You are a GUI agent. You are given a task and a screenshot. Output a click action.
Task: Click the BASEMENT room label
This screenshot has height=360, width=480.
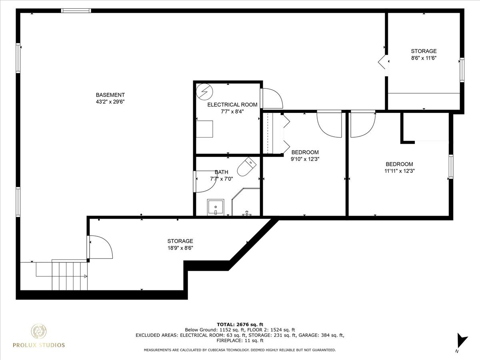tap(110, 95)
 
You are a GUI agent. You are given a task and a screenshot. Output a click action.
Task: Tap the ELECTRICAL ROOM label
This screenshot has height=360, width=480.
tap(232, 105)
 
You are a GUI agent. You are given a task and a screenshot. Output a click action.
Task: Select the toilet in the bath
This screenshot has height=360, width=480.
tap(247, 166)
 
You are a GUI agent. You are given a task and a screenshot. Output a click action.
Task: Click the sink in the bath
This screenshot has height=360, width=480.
tap(216, 207)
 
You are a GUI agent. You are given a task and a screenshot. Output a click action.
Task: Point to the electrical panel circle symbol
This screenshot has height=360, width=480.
tap(204, 91)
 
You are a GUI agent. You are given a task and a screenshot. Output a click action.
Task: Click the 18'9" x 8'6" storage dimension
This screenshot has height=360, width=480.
tap(180, 248)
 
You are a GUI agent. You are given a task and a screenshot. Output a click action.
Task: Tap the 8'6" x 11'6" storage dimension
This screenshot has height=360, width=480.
tap(424, 58)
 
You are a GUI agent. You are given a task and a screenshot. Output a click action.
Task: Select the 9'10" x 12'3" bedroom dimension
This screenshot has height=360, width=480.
tap(305, 159)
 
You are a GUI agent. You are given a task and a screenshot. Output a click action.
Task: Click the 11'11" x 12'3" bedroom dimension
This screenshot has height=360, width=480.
tap(400, 171)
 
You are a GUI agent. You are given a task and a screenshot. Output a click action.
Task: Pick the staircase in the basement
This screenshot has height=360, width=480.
tap(70, 276)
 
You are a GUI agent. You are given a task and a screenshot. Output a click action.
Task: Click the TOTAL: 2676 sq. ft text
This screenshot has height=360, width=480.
tap(240, 324)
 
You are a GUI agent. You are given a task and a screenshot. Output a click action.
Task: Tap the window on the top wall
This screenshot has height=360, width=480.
tap(76, 10)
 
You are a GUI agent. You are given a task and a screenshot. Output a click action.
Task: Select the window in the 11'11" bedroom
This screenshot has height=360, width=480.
tap(451, 166)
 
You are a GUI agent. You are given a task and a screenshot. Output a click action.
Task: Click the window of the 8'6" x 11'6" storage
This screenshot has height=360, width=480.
tap(462, 70)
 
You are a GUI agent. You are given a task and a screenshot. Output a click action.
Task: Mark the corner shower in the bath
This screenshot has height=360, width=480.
tap(246, 202)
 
